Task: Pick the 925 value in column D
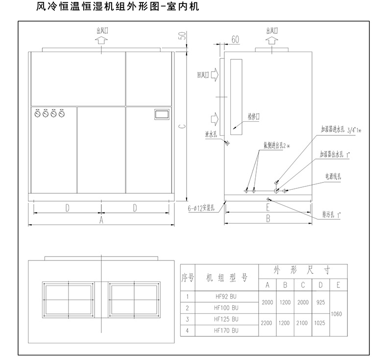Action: (x=321, y=302)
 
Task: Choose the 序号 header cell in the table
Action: (x=188, y=278)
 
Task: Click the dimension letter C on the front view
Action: (x=182, y=126)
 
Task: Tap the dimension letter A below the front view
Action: (x=101, y=220)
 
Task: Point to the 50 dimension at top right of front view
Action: (x=182, y=36)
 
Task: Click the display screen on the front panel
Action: (x=161, y=114)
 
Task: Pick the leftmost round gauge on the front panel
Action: (x=38, y=114)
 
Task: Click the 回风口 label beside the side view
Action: (x=203, y=75)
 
